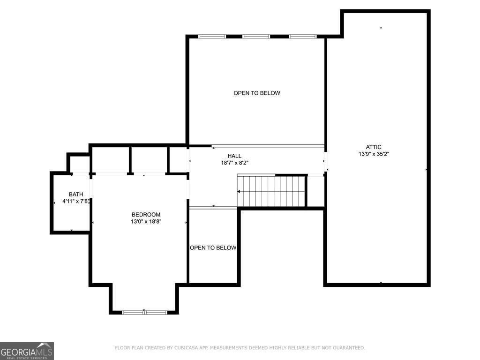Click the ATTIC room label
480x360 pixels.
(x=374, y=147)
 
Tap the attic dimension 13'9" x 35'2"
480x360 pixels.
(x=374, y=154)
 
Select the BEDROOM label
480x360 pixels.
(x=146, y=215)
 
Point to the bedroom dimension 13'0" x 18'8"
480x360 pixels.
(x=146, y=222)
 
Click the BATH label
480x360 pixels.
(x=76, y=195)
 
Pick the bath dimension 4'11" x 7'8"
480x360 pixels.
(x=76, y=202)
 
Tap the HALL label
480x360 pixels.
(x=234, y=156)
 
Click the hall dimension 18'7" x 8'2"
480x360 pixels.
(x=234, y=163)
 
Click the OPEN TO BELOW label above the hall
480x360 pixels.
(x=257, y=93)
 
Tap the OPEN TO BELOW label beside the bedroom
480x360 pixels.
(x=213, y=247)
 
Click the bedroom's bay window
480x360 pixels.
(x=144, y=312)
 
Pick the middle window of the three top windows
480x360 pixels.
(x=256, y=37)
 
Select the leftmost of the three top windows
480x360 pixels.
(x=212, y=37)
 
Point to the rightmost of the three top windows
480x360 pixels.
(x=303, y=37)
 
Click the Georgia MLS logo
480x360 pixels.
(x=27, y=351)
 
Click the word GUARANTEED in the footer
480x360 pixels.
(x=349, y=348)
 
